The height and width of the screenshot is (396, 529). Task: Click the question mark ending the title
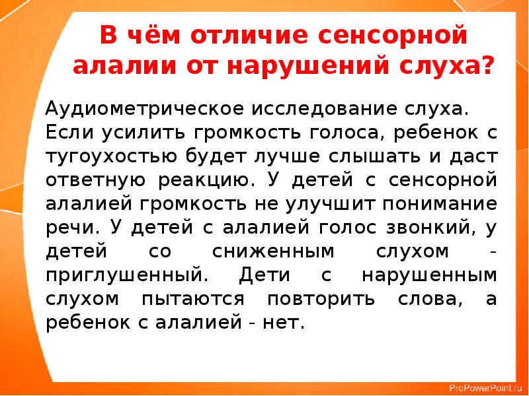click(x=486, y=67)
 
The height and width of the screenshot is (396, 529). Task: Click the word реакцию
click(x=202, y=179)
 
